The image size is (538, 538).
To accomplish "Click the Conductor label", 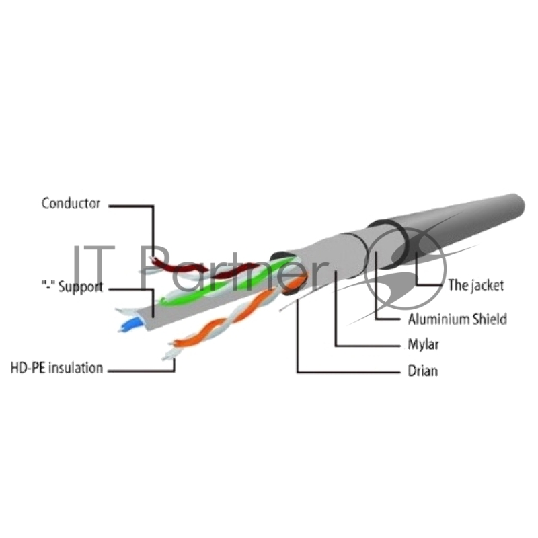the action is coord(71,204).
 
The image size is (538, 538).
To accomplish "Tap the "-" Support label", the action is coord(72,286).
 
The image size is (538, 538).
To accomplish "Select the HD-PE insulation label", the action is coord(57,367).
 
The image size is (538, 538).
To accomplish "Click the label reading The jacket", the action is coord(476,285).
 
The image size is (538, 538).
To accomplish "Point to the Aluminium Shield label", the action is coord(457,319).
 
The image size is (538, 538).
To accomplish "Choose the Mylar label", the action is coord(423,344).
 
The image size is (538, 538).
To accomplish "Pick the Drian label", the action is coord(423,371).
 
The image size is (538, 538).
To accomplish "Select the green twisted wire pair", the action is coord(227,281).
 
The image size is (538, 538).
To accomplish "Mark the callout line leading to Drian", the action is coord(348,372).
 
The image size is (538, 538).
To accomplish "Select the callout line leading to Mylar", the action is coord(367,346).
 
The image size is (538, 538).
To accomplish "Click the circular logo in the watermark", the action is coord(405,270).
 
